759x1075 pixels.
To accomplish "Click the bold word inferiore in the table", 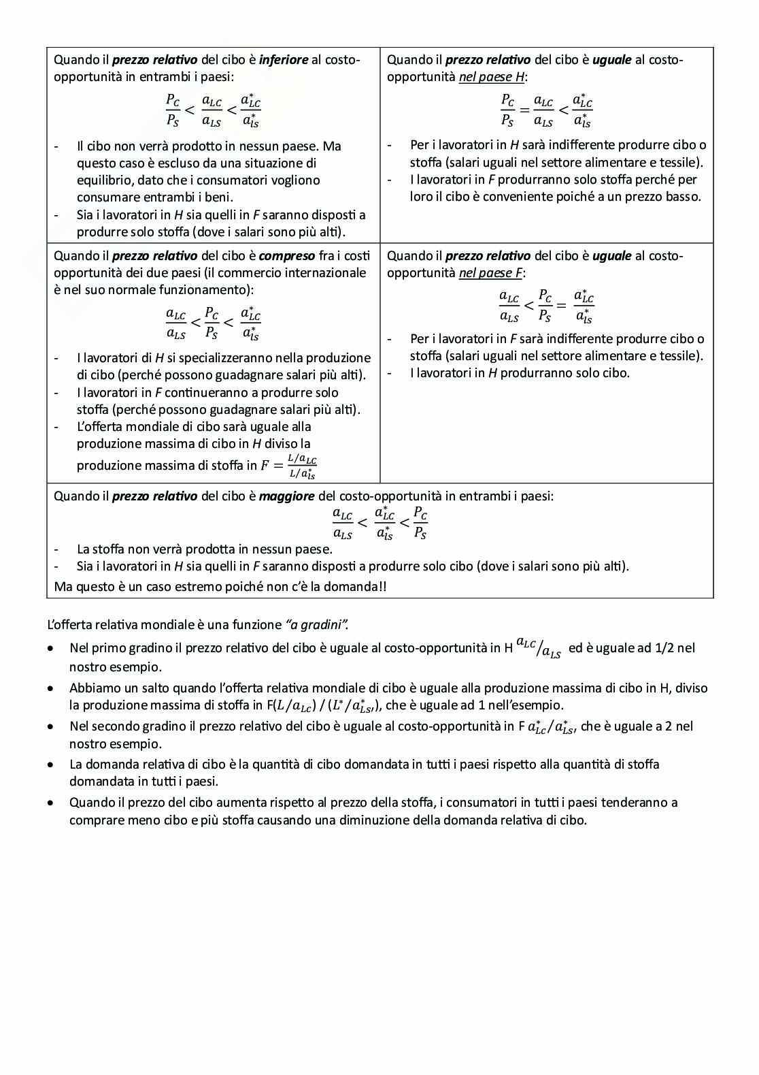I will tap(284, 60).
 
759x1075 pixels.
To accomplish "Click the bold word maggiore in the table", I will tap(286, 496).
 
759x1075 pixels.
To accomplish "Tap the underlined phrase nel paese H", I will tap(491, 77).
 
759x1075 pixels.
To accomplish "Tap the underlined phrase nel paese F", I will tap(490, 273).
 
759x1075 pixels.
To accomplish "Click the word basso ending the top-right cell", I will tap(684, 197).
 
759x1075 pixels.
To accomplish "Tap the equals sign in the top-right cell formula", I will tap(524, 110).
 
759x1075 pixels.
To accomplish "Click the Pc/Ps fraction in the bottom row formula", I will tap(420, 523).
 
